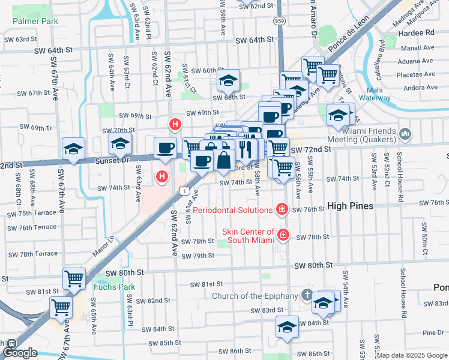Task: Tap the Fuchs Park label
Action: (114, 287)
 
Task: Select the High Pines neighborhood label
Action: (350, 206)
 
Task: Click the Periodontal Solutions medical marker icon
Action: (281, 209)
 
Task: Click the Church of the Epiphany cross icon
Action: (307, 295)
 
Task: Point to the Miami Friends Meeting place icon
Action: (404, 133)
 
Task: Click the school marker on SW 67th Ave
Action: (74, 150)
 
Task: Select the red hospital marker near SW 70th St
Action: (175, 125)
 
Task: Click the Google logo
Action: (20, 353)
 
